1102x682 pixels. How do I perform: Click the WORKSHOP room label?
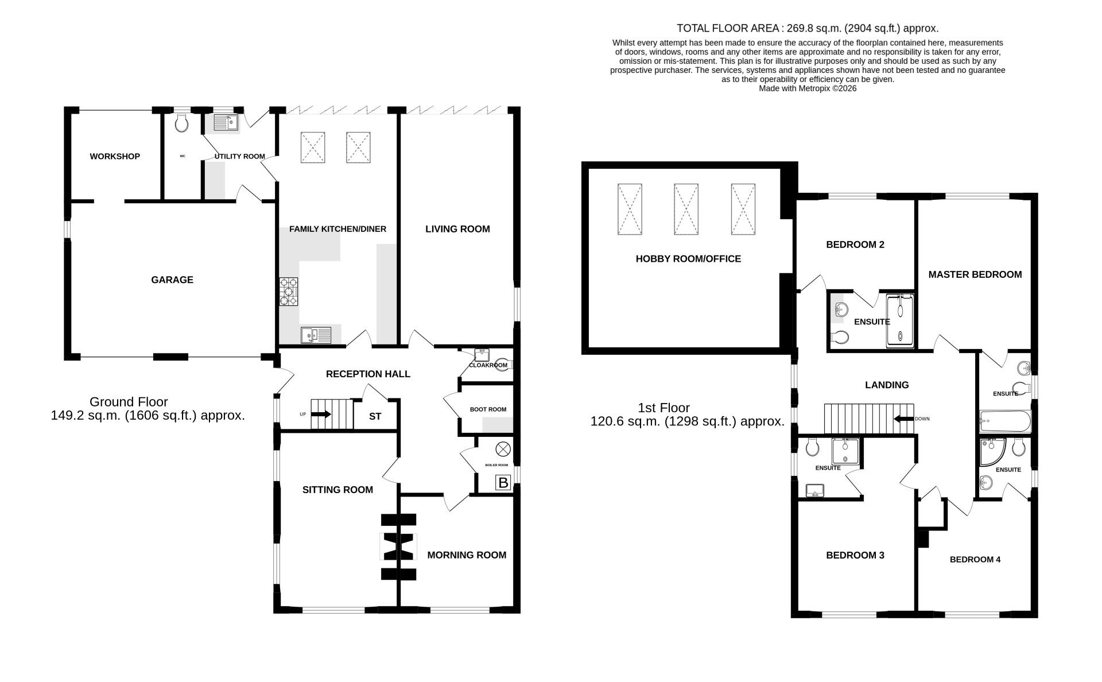tap(115, 156)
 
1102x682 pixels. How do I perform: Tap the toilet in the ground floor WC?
tap(182, 122)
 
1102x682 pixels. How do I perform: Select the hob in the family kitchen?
tap(289, 292)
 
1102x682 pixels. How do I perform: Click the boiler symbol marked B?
tap(503, 483)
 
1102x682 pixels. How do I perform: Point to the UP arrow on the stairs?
tap(321, 414)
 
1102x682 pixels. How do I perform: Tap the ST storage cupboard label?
tap(375, 417)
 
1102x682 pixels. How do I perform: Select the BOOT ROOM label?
tap(488, 409)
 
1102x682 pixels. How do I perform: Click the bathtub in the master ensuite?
tap(1004, 421)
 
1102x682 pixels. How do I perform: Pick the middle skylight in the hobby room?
tap(686, 209)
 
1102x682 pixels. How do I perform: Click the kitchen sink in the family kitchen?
tap(316, 335)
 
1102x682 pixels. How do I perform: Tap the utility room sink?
tap(226, 122)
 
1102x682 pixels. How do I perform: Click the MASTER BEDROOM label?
tap(975, 274)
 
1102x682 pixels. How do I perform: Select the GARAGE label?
tap(172, 280)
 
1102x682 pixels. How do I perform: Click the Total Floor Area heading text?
tap(808, 28)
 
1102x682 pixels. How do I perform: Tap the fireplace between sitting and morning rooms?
tap(398, 547)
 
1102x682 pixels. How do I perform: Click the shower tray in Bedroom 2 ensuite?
tap(899, 321)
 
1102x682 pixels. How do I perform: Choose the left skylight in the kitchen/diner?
tap(313, 148)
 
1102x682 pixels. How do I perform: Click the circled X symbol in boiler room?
tap(503, 449)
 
